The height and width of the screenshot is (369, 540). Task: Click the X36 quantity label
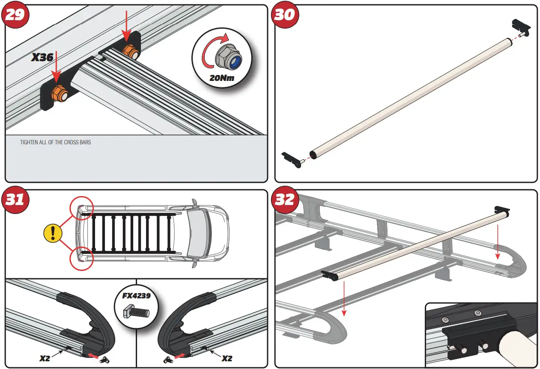pos(42,57)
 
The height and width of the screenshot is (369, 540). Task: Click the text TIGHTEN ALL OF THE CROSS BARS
pos(56,142)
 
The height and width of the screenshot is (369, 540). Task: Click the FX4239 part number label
pos(135,295)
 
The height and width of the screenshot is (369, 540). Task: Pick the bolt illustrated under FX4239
pos(135,311)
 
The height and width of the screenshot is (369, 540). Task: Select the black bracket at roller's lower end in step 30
pos(291,159)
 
